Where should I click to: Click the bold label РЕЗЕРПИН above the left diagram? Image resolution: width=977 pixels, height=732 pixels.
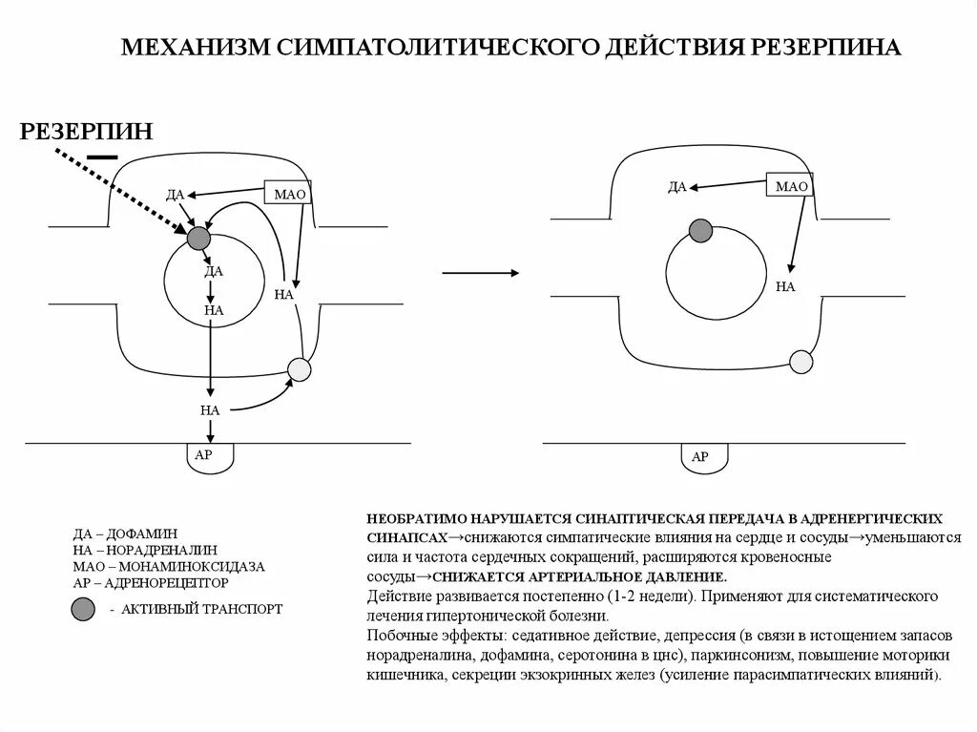click(86, 131)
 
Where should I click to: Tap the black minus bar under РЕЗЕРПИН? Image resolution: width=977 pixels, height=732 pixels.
click(101, 156)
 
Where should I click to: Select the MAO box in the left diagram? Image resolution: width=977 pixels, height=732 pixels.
click(288, 195)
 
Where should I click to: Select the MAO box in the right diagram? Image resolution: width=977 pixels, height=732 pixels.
click(791, 187)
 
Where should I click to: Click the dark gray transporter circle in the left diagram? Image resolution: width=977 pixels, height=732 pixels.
click(197, 238)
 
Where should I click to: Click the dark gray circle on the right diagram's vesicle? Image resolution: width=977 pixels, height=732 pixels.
click(700, 230)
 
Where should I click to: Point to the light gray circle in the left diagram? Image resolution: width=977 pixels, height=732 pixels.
click(300, 369)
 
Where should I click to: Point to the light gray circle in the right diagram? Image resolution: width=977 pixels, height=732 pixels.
click(801, 362)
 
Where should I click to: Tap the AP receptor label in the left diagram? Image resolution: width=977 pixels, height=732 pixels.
click(203, 455)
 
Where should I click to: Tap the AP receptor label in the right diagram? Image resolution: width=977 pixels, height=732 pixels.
click(699, 457)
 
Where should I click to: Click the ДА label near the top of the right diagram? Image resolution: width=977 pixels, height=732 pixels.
click(676, 187)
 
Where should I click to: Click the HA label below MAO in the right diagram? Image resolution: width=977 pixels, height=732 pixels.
click(785, 285)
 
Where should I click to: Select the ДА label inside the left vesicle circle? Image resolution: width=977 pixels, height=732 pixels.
click(214, 271)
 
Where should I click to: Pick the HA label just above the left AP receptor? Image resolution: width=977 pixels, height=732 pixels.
click(210, 410)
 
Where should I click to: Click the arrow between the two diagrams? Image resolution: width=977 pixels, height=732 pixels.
click(481, 274)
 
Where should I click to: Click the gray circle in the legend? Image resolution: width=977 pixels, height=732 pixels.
click(83, 608)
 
